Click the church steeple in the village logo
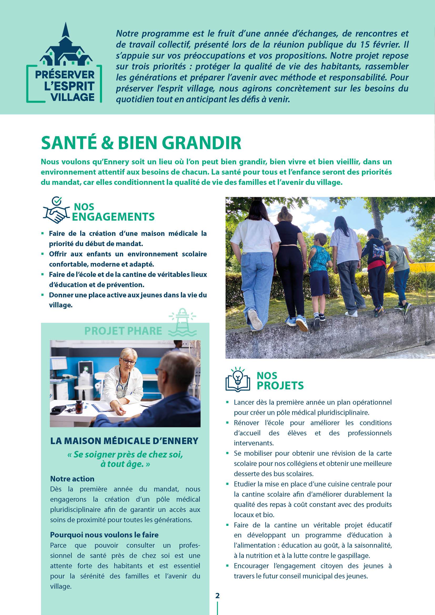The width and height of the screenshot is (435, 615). (x=64, y=31)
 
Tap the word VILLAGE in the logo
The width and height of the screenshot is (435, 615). (x=73, y=97)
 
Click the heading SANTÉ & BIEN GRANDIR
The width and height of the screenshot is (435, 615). (x=141, y=143)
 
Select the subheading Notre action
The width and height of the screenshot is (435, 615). (x=72, y=479)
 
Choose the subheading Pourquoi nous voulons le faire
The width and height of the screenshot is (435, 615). (x=104, y=535)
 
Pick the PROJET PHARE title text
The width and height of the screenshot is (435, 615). (x=123, y=331)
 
